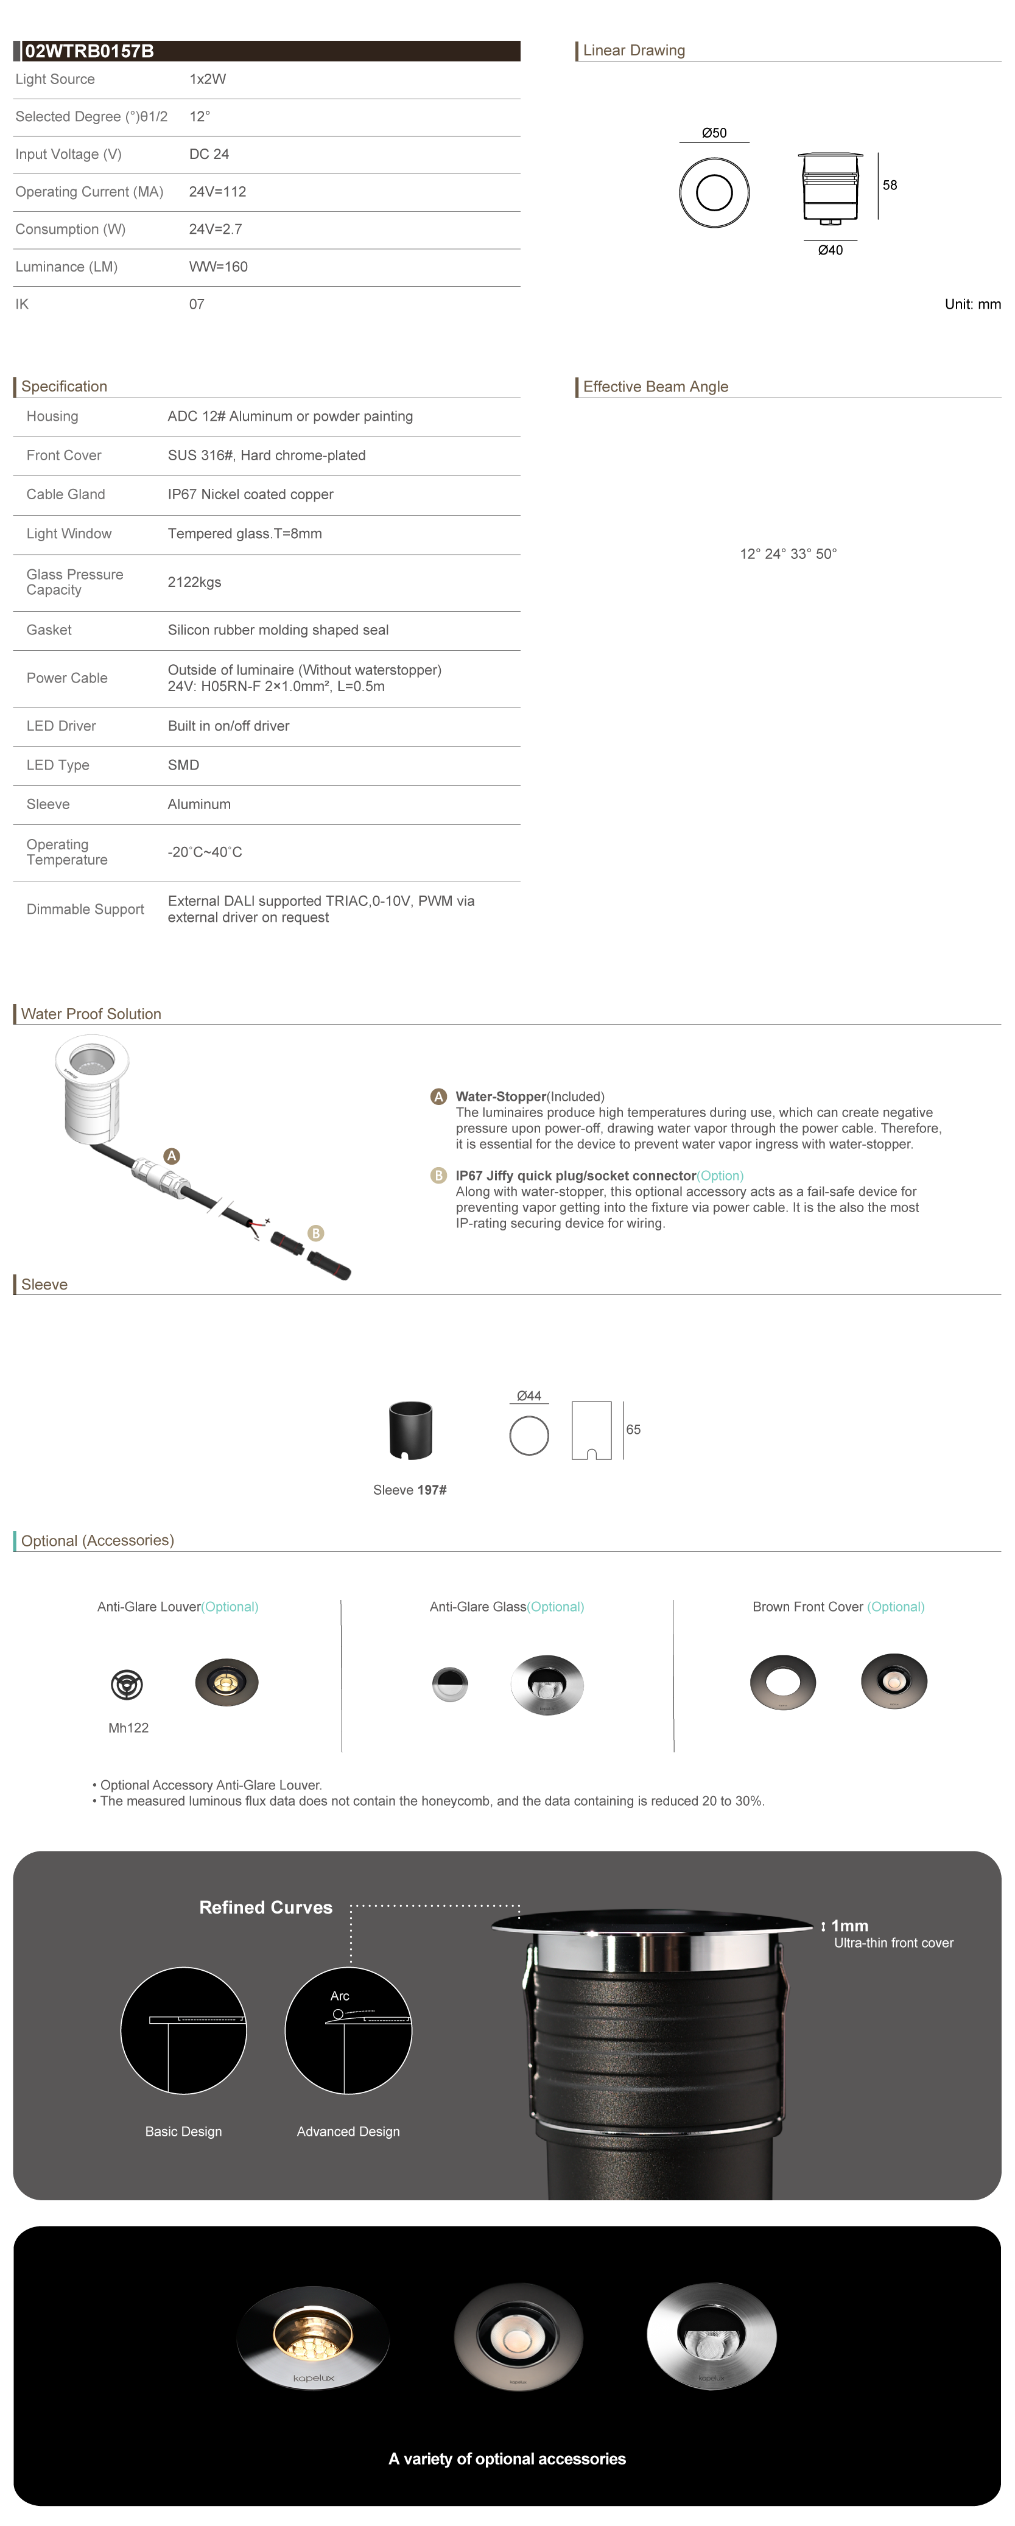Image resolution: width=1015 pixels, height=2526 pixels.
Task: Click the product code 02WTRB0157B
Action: (x=90, y=51)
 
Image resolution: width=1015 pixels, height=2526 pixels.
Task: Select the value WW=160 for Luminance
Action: (x=218, y=267)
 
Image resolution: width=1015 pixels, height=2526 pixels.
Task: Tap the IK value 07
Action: (x=196, y=304)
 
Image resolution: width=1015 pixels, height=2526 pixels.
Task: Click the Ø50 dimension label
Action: (x=714, y=132)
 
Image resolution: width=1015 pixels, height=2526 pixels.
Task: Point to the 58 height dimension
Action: (x=890, y=184)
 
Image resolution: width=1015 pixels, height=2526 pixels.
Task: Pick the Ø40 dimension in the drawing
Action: (x=830, y=250)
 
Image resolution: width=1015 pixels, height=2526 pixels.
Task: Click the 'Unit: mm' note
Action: (x=972, y=304)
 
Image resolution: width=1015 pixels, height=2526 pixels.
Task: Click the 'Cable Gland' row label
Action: (x=66, y=494)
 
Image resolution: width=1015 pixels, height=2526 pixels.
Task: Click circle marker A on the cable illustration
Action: (x=172, y=1156)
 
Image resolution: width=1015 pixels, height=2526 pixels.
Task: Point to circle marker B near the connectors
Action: (x=316, y=1233)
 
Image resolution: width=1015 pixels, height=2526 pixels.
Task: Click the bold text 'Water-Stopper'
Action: (x=500, y=1096)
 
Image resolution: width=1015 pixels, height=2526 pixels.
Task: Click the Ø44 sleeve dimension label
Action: (x=529, y=1395)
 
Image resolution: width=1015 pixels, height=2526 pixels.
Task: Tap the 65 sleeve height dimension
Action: (x=633, y=1430)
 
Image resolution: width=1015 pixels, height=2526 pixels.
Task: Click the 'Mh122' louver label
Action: (x=128, y=1728)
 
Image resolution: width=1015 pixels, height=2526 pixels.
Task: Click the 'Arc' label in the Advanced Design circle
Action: (x=339, y=1996)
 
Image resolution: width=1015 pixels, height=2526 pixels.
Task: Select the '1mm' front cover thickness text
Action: (x=849, y=1926)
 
